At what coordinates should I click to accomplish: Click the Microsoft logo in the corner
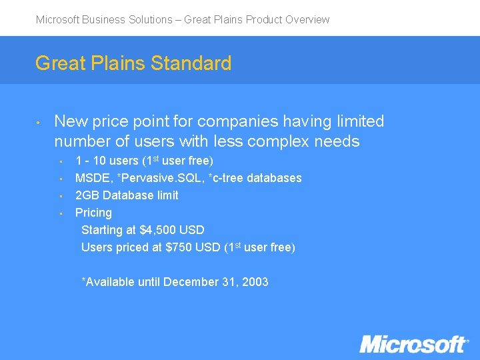(413, 344)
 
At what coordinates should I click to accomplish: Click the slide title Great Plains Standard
(133, 63)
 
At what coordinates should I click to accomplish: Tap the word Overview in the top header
(307, 19)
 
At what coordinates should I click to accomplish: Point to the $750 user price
(179, 247)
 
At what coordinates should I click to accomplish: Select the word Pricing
(93, 213)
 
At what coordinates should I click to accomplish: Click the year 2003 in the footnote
(255, 282)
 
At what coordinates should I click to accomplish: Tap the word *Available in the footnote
(108, 282)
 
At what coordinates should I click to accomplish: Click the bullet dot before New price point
(40, 123)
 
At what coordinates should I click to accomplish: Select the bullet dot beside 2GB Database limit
(61, 196)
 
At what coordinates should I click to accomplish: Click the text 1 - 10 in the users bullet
(89, 161)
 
